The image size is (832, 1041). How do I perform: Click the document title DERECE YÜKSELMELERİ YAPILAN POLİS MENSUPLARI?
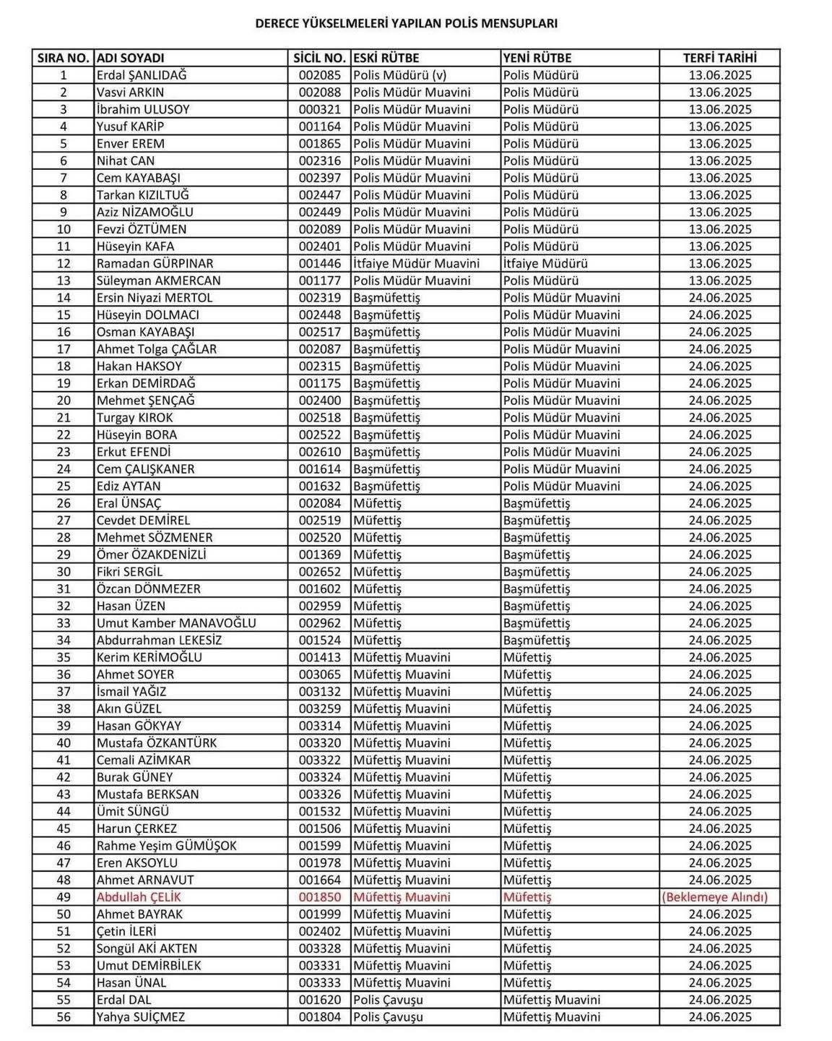click(406, 23)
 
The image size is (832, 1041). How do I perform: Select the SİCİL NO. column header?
click(320, 58)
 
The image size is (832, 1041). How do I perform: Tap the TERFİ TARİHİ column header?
click(719, 58)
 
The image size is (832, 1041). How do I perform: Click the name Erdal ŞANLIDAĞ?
click(142, 75)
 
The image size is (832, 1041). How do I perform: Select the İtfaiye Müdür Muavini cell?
click(417, 264)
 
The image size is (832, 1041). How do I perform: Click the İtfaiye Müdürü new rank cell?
click(545, 264)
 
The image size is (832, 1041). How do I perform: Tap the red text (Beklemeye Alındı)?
click(715, 897)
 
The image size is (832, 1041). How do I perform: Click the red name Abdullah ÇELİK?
click(139, 897)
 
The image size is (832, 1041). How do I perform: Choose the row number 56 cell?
click(64, 1017)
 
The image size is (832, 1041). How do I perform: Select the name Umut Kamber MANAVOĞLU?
click(176, 623)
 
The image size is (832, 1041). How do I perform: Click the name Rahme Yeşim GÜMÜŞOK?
click(167, 846)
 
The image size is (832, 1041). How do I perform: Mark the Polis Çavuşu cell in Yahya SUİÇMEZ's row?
click(389, 1017)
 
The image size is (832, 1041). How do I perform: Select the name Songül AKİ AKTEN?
click(147, 948)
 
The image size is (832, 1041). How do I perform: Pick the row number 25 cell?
click(64, 487)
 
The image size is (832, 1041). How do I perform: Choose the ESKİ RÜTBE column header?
click(386, 58)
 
